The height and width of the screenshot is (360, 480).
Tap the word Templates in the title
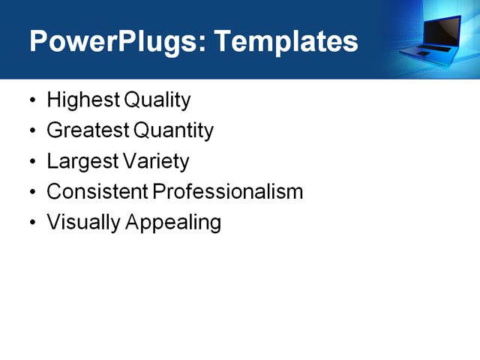(x=286, y=42)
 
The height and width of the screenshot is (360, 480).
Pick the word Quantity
(x=173, y=131)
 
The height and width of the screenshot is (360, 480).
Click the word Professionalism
(x=228, y=192)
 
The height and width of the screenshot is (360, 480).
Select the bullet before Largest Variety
(x=31, y=162)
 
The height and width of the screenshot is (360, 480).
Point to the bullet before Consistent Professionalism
(x=31, y=193)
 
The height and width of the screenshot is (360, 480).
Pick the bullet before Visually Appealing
(x=31, y=223)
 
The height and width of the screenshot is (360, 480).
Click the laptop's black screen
(x=445, y=29)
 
